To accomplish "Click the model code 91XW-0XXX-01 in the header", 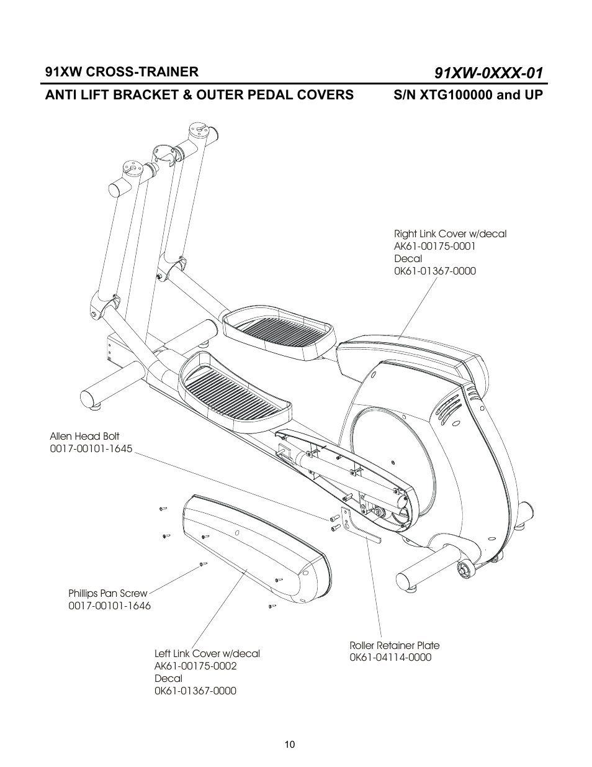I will [x=489, y=73].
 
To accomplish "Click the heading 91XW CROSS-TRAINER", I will [x=122, y=71].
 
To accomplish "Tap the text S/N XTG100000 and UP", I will [x=468, y=95].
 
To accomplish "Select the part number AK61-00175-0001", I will [x=435, y=246].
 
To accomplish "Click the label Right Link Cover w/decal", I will [x=450, y=234].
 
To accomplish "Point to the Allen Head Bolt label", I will [x=84, y=436].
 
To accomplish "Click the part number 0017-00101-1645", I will [x=91, y=448].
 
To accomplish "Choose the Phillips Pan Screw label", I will [x=108, y=593].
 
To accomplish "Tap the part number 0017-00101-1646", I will [x=109, y=606].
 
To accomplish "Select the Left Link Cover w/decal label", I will [x=207, y=653].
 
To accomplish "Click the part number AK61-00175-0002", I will [x=195, y=666].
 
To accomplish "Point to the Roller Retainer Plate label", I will [x=394, y=645].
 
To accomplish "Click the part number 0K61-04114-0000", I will [x=390, y=657].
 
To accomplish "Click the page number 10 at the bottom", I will [x=290, y=745].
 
